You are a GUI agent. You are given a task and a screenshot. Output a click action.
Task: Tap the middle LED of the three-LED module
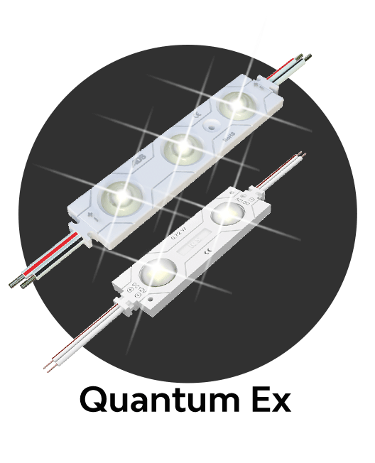[180, 146]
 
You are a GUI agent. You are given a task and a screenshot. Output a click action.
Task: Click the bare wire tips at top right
[306, 55]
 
